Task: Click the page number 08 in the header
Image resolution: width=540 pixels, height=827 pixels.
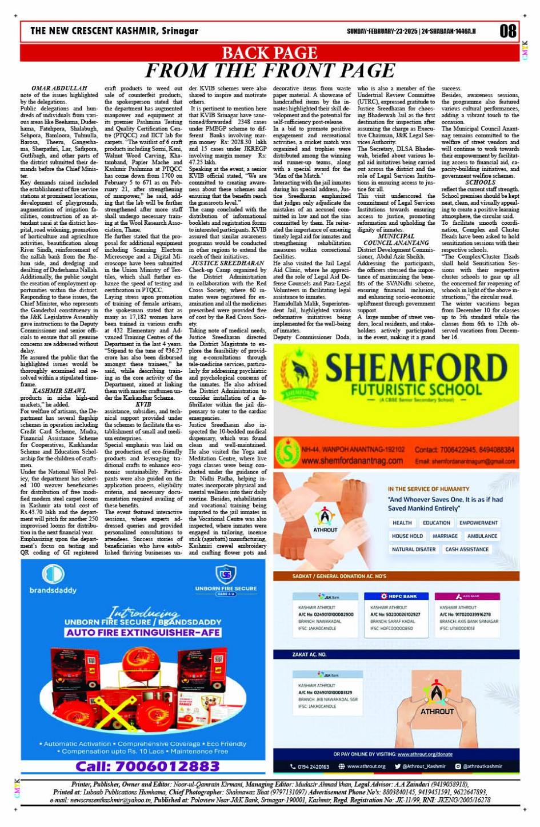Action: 507,31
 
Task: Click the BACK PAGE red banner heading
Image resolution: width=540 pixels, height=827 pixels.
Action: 269,53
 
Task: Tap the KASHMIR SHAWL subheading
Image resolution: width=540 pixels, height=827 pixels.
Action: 59,391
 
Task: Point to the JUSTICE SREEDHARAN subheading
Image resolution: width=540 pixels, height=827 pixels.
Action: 227,263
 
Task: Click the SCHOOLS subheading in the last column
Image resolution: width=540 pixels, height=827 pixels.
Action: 480,182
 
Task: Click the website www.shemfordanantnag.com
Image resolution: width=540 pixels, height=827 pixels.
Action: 352,461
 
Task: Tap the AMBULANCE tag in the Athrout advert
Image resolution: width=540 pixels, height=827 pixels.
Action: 482,536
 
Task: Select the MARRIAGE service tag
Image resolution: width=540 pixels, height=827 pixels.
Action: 445,536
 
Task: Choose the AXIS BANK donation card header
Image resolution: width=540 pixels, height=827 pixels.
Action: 467,596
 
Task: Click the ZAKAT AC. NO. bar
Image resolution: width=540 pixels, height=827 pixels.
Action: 310,654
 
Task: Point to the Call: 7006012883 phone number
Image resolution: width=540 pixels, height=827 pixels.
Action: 147,766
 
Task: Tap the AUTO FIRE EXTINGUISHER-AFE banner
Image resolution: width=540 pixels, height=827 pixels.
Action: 143,633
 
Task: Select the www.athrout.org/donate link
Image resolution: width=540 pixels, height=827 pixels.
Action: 425,754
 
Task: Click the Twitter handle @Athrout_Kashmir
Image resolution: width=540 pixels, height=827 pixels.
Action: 423,766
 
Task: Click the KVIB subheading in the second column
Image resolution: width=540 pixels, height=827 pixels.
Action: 143,404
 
